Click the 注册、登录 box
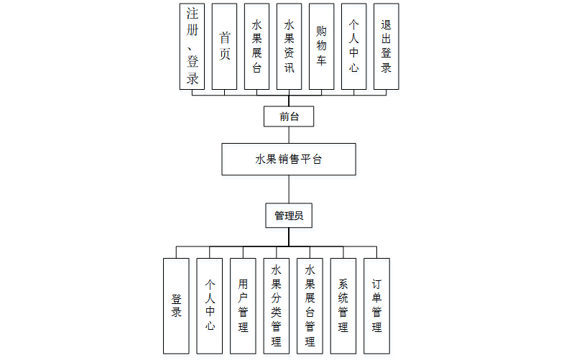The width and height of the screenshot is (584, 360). point(192,46)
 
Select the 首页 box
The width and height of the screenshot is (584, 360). point(224,46)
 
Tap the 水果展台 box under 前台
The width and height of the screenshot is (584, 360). point(256,46)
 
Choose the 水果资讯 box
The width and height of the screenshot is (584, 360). point(289,46)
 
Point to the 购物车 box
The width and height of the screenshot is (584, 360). point(321,46)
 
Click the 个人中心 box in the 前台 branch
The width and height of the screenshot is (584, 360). point(353,46)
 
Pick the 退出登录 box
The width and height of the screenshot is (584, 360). point(386,46)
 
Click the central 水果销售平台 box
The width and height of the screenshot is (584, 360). point(289,159)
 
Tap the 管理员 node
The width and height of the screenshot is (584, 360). point(289,215)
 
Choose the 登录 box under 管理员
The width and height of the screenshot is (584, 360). point(176,305)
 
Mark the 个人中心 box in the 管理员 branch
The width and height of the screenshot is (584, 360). point(209,305)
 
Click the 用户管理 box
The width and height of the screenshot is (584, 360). point(243,305)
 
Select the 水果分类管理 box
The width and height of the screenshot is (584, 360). point(276,305)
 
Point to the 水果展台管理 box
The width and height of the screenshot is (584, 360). point(310,305)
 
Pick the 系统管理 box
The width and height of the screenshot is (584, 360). point(343,305)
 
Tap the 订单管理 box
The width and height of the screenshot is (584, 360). point(376,305)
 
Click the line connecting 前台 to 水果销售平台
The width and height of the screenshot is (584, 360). point(289,135)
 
